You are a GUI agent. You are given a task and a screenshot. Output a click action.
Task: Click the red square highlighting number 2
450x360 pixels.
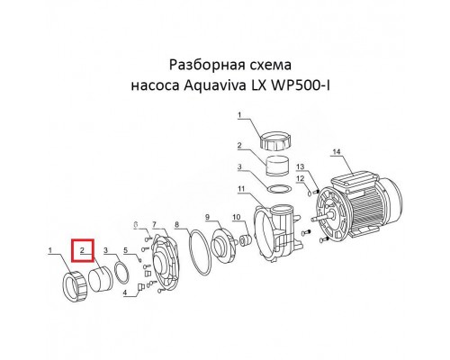[x=82, y=249]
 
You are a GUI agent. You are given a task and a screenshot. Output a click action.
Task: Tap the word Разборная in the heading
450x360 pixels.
[x=200, y=66]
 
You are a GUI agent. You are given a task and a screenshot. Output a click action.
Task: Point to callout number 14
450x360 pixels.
[x=337, y=152]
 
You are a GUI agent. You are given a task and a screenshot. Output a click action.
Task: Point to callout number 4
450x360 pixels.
[x=125, y=294]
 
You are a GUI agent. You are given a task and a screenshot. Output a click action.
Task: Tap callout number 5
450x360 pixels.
[x=127, y=249]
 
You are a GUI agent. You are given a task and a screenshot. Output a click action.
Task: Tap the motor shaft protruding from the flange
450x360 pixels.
[x=316, y=215]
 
